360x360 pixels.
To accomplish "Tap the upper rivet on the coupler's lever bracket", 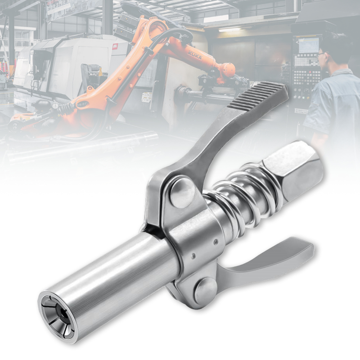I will pos(182,193).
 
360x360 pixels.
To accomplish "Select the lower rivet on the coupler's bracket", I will pos(205,290).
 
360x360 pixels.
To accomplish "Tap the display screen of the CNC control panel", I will pos(308,45).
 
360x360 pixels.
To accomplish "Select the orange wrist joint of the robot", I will pos(227,70).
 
